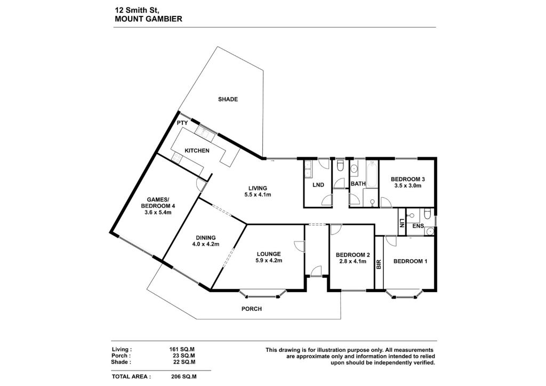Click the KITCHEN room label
[197, 151]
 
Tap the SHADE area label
[228, 99]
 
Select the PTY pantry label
[182, 123]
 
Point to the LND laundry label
[318, 185]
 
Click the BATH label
[358, 184]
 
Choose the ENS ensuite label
[418, 226]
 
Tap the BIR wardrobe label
[379, 264]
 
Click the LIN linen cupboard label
[402, 223]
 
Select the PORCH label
[252, 309]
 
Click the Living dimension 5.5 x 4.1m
[258, 195]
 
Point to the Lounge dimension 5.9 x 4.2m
[269, 260]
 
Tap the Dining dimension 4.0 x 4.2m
[205, 244]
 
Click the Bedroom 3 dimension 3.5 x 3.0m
[408, 186]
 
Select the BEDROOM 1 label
[410, 261]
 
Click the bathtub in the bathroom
[372, 174]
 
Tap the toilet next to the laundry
[340, 165]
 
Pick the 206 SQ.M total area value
[184, 376]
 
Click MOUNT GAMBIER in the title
[148, 19]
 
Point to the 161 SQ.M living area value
[182, 349]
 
